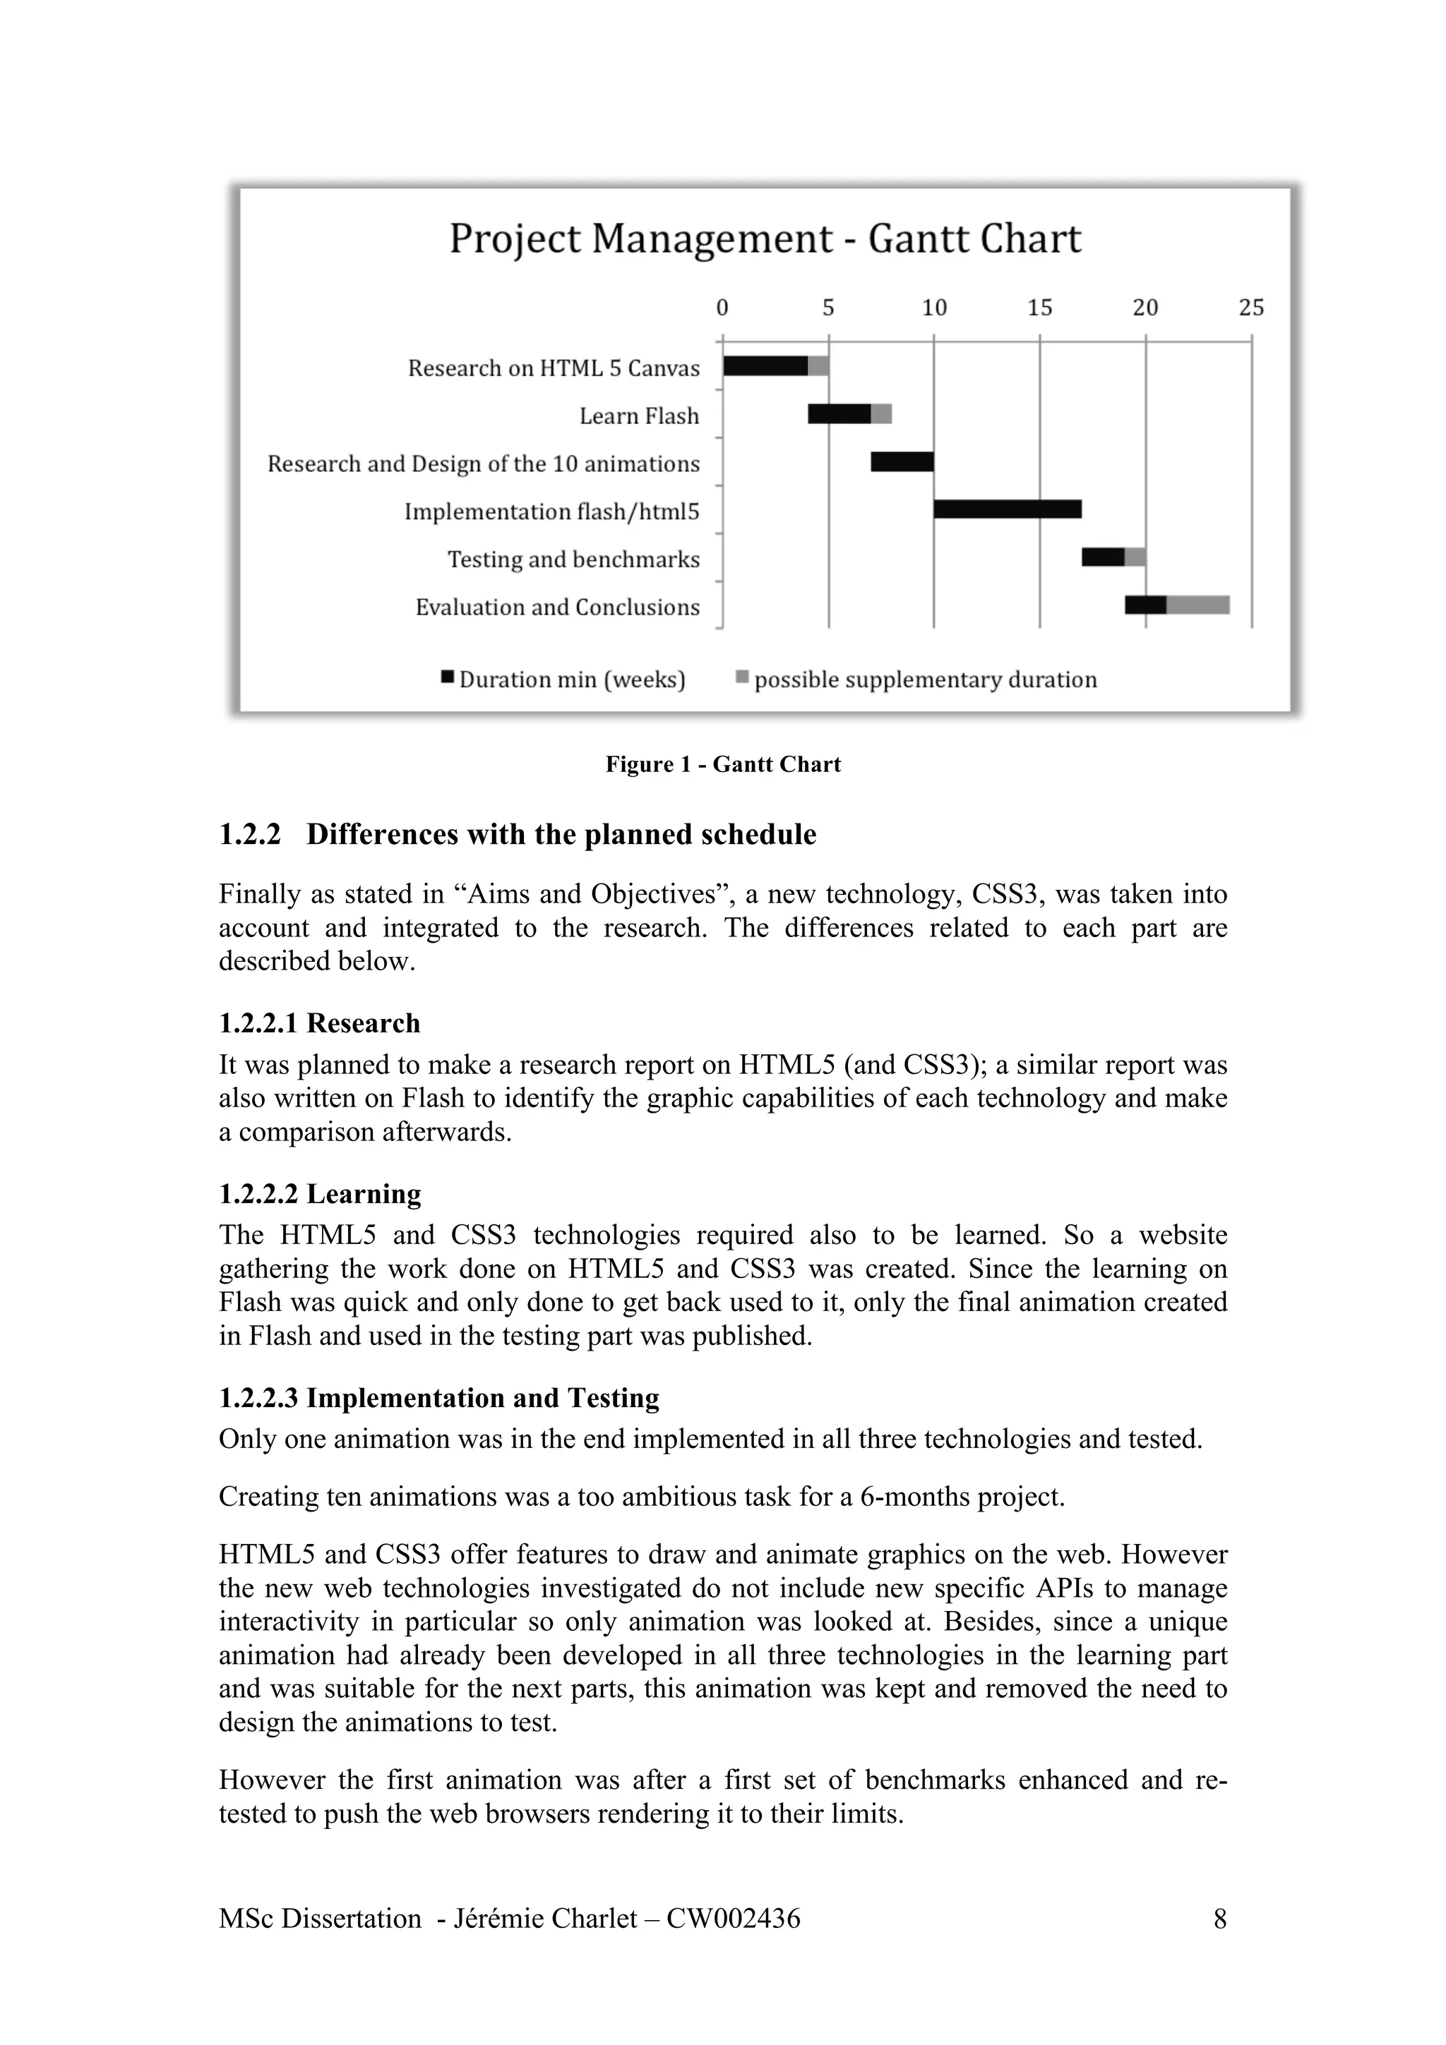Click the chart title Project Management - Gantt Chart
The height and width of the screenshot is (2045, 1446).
(x=765, y=239)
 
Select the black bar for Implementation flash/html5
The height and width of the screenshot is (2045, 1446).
(x=1007, y=509)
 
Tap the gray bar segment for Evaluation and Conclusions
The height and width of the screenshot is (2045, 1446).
(x=1197, y=605)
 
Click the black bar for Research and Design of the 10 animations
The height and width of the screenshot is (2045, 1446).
(x=902, y=462)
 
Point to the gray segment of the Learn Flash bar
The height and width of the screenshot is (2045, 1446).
(x=881, y=414)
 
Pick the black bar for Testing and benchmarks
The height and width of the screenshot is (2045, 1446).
(x=1103, y=557)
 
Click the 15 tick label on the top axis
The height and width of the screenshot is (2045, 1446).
(x=1040, y=308)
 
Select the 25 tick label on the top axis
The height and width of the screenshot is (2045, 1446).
(x=1251, y=308)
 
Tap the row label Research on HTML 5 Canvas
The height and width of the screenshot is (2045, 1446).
(x=554, y=369)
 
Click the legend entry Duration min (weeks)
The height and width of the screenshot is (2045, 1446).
(x=571, y=680)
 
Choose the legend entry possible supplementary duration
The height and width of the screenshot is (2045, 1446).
(x=925, y=680)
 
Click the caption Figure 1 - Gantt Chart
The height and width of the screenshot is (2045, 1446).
(x=722, y=764)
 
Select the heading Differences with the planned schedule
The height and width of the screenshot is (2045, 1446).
(x=561, y=835)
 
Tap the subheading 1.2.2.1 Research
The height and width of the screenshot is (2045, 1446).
(x=319, y=1023)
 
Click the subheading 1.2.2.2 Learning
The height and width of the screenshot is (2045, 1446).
(x=320, y=1193)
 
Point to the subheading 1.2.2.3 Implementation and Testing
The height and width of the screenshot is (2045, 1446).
(x=438, y=1399)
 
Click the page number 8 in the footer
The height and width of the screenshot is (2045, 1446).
(x=1219, y=1919)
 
